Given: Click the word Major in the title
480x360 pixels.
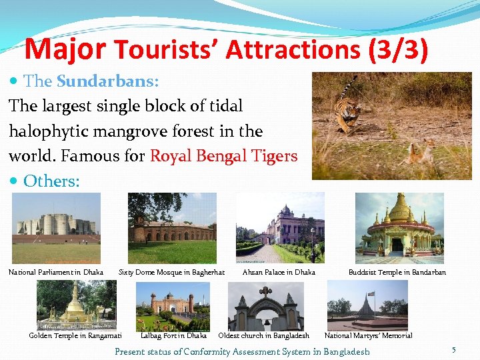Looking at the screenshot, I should click(65, 49).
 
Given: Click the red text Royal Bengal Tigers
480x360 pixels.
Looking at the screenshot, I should click(223, 156).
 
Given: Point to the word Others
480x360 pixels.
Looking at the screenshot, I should click(51, 181).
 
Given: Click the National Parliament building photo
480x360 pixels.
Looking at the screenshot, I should click(56, 228).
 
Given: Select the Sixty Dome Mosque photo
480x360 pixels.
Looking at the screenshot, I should click(172, 228).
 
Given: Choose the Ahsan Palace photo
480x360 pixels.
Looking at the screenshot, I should click(280, 228).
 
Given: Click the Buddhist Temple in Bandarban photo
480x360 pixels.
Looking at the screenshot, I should click(399, 228).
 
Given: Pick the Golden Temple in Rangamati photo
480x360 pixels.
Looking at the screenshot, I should click(76, 305).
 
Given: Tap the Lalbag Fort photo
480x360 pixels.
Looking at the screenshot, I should click(173, 305).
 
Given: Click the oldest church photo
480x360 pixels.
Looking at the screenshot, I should click(266, 305).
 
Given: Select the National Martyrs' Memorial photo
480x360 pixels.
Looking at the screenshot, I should click(367, 305).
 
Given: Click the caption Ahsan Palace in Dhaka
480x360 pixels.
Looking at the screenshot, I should click(279, 272).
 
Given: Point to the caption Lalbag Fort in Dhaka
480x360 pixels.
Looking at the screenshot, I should click(173, 335).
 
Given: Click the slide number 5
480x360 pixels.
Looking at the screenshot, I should click(453, 350).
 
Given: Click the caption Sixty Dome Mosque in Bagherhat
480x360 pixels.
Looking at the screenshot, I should click(171, 272).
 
